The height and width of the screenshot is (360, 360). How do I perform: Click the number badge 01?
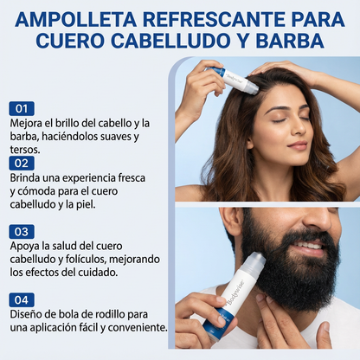[x=22, y=109]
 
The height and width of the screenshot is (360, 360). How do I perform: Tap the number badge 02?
[x=22, y=163]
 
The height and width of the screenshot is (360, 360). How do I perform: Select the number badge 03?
[x=22, y=232]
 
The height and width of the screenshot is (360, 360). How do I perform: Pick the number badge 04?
[x=22, y=299]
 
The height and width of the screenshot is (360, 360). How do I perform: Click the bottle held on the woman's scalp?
[x=235, y=79]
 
